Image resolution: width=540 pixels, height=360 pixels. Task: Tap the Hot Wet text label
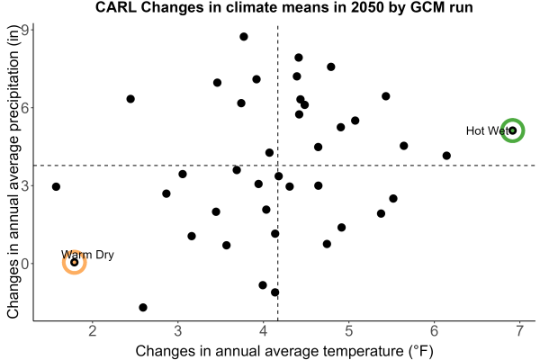point(487,130)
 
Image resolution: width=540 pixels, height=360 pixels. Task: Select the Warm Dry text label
point(87,255)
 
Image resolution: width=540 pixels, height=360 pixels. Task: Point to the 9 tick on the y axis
point(26,30)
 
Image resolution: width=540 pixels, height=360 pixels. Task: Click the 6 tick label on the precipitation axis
point(26,107)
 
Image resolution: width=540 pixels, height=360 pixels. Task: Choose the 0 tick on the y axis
point(26,264)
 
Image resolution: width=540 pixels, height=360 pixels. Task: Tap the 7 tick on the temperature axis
point(519,331)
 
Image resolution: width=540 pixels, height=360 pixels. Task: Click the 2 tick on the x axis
point(93,331)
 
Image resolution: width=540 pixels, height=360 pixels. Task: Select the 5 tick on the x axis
point(349,331)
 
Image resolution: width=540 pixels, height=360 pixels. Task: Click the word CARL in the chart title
point(116,7)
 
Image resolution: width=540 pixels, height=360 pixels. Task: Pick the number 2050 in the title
point(367,7)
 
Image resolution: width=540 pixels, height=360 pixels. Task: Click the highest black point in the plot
point(244,37)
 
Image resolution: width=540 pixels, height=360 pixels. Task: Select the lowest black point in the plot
point(143,307)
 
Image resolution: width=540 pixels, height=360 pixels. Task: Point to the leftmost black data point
point(56,186)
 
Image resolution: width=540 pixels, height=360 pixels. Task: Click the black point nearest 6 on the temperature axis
point(446,156)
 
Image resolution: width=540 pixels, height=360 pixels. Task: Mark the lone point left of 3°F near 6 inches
point(130,99)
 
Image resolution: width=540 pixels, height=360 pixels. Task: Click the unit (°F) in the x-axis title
point(418,351)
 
